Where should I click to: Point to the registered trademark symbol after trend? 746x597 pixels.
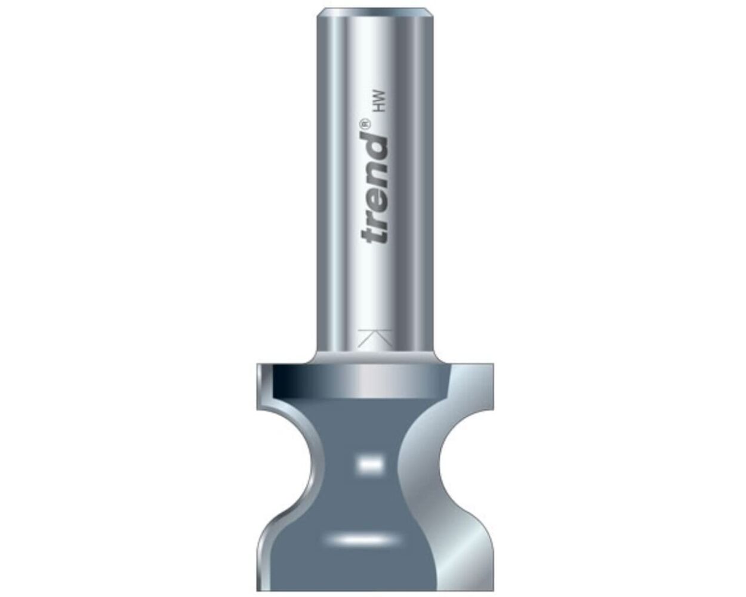pyautogui.click(x=365, y=124)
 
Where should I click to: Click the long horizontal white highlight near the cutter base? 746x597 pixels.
pyautogui.click(x=356, y=539)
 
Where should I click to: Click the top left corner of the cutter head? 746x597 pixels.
pyautogui.click(x=257, y=364)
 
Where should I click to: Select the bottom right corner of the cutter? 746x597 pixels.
pyautogui.click(x=491, y=588)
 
